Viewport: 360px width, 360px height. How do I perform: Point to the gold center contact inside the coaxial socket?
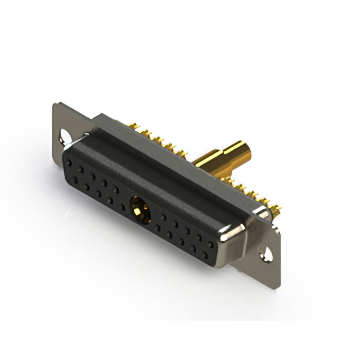pos(137,211)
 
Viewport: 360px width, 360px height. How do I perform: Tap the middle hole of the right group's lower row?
pos(181,241)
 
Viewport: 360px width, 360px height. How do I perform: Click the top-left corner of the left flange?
pos(55,103)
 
